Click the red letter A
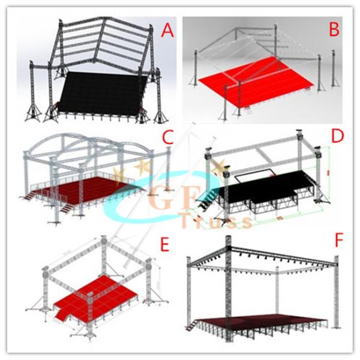tap(167, 31)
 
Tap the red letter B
tap(334, 29)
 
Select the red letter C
tap(167, 136)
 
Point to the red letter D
tap(338, 136)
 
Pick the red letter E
tap(164, 245)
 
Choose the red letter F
tap(338, 241)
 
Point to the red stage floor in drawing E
tap(97, 296)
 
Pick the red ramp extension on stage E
tap(62, 314)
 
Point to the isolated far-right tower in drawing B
tap(334, 68)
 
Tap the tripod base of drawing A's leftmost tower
tap(33, 114)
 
